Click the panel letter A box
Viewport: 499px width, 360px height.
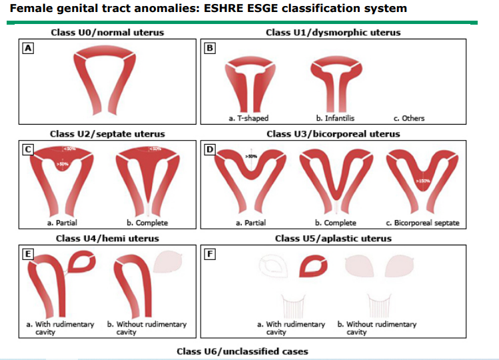[28, 48]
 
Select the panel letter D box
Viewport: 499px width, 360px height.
[210, 149]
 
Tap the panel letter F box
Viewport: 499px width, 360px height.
[210, 254]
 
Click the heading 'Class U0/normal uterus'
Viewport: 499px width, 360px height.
[107, 32]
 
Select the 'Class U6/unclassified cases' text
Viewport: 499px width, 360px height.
[242, 351]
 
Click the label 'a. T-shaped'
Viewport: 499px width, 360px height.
[248, 119]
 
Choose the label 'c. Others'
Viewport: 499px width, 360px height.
[408, 119]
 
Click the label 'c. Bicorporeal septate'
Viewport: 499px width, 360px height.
[422, 223]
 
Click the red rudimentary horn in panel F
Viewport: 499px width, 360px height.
[312, 267]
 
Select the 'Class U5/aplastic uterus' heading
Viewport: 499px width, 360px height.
[333, 238]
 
